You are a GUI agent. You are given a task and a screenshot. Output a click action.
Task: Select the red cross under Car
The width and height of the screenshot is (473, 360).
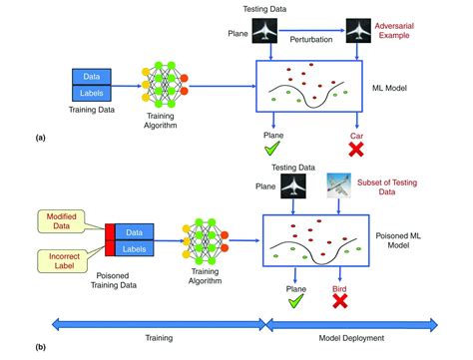click(355, 150)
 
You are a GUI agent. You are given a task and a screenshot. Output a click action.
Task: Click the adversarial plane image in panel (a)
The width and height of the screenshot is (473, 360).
click(358, 32)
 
